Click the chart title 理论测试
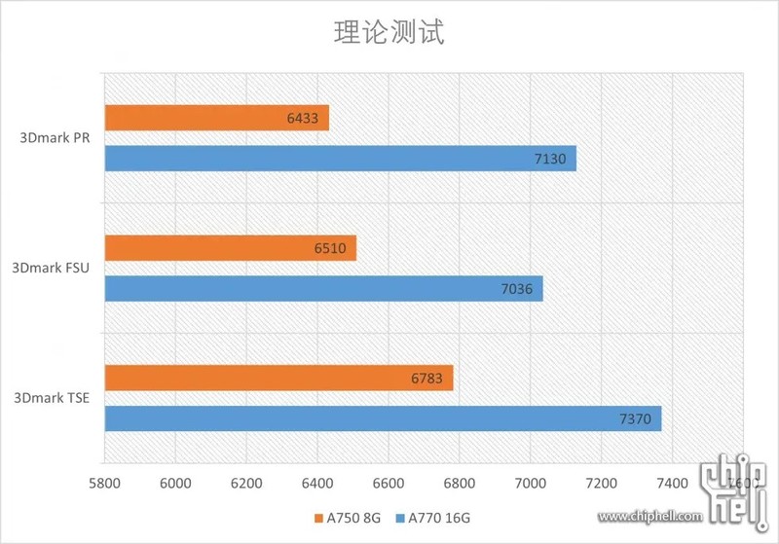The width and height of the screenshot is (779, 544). click(x=389, y=33)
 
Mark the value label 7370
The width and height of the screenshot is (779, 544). click(x=635, y=419)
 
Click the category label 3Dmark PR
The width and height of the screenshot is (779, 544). click(x=55, y=137)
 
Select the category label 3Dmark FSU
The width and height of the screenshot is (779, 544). click(x=51, y=268)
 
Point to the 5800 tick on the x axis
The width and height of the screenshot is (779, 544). click(x=103, y=483)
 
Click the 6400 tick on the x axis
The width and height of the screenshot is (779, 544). click(x=316, y=483)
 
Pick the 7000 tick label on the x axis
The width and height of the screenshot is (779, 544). click(x=530, y=483)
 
